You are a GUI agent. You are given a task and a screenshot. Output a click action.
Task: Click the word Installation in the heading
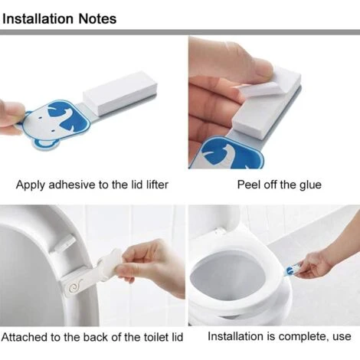38,18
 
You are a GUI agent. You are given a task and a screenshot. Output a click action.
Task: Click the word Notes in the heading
97,18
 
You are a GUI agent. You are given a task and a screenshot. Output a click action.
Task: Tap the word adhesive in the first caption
73,185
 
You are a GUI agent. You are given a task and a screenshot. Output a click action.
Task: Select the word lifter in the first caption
157,185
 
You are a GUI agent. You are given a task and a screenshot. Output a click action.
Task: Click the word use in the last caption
342,337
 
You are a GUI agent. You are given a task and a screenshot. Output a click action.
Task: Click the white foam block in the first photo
119,93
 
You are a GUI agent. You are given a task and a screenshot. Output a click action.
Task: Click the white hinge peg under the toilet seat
64,244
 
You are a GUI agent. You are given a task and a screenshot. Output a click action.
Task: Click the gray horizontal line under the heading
180,32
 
